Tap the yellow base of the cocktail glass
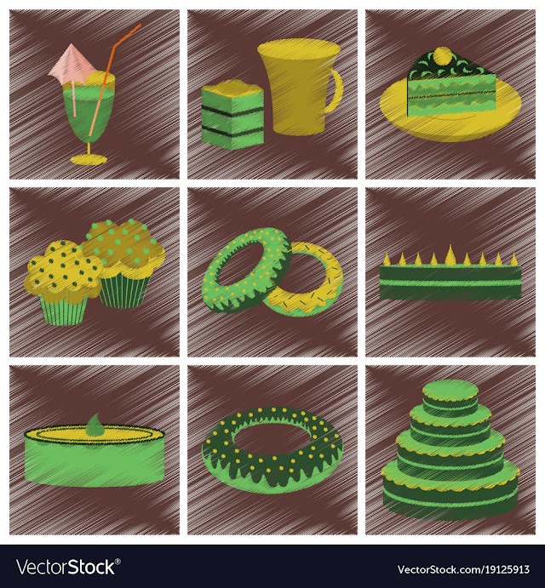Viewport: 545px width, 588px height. tap(89, 160)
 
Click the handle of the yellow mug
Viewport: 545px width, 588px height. tap(335, 91)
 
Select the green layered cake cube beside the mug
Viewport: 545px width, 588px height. tap(232, 117)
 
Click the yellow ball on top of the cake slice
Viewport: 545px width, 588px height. tap(443, 55)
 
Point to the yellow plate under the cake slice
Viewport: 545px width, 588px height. tap(450, 109)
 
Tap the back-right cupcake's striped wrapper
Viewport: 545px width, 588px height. tap(124, 289)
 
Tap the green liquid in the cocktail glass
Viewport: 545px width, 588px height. tap(89, 112)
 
